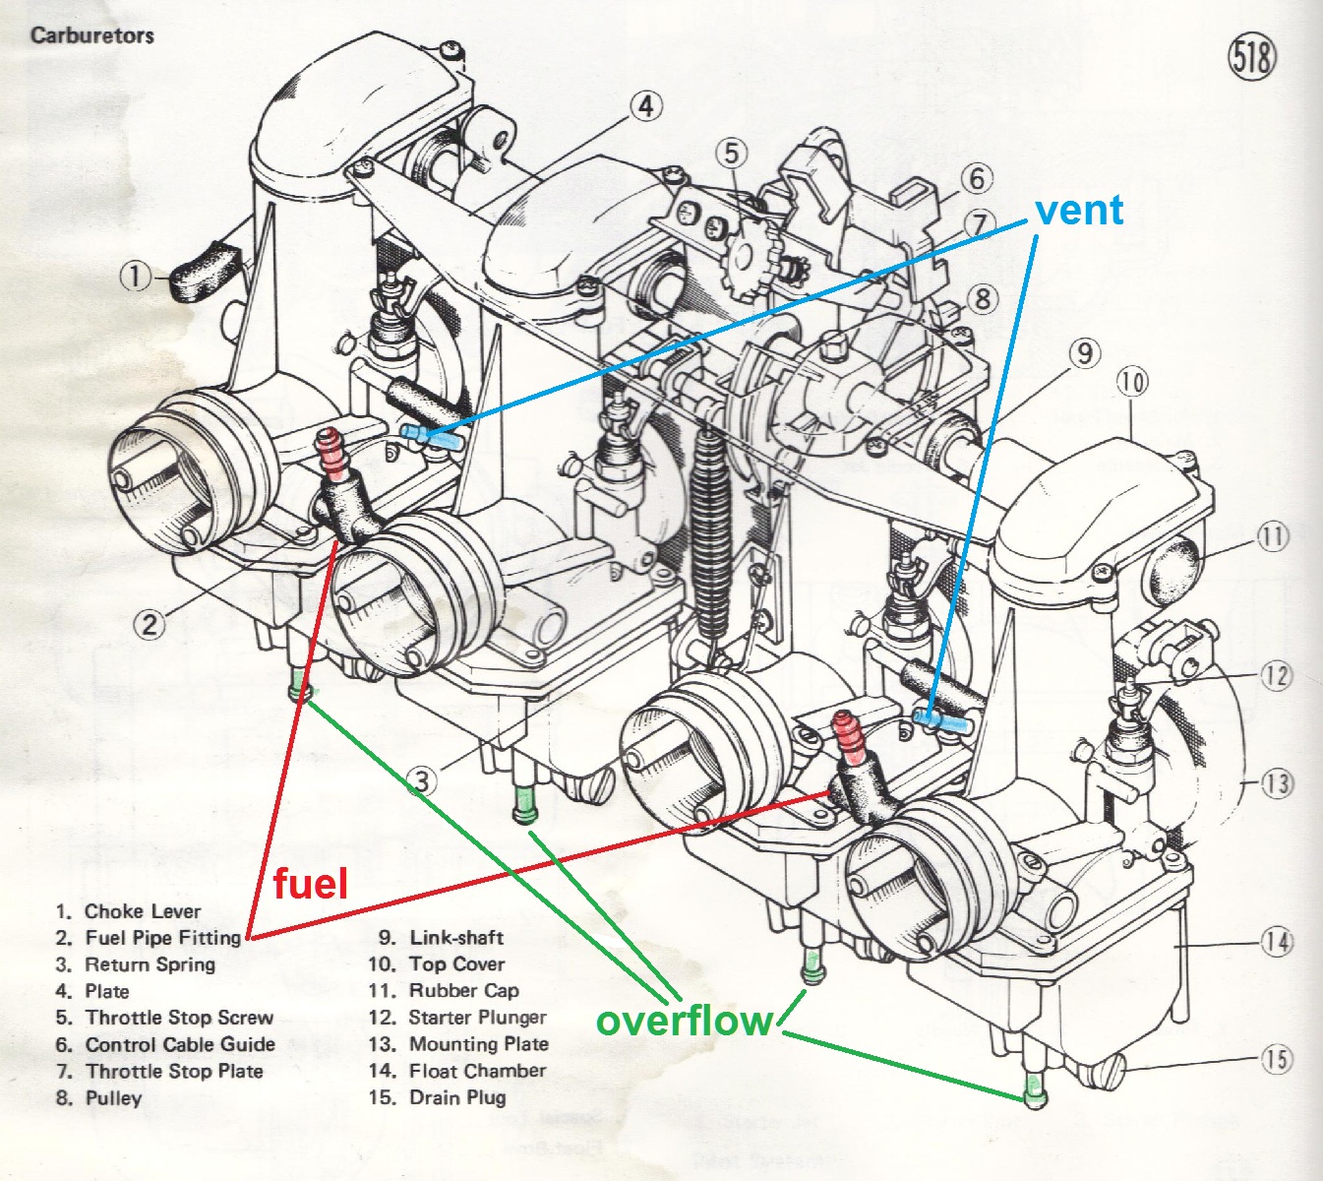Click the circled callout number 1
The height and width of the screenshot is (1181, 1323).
pyautogui.click(x=136, y=277)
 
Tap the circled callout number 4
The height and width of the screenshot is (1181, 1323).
pyautogui.click(x=645, y=105)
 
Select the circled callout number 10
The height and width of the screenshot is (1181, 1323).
pyautogui.click(x=1132, y=381)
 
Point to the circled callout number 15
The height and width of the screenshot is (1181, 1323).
pyautogui.click(x=1277, y=1059)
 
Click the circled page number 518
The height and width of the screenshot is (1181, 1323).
pyautogui.click(x=1251, y=57)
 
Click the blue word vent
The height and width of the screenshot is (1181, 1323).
pyautogui.click(x=1079, y=210)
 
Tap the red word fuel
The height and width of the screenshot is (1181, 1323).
pyautogui.click(x=310, y=883)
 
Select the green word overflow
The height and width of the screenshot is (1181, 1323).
pyautogui.click(x=685, y=1021)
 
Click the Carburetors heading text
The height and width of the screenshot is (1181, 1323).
pyautogui.click(x=91, y=35)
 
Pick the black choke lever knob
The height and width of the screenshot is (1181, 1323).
pyautogui.click(x=207, y=271)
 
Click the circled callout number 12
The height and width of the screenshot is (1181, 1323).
pyautogui.click(x=1276, y=676)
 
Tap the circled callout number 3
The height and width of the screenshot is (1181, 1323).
pyautogui.click(x=421, y=781)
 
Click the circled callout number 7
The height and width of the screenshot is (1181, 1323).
pyautogui.click(x=978, y=223)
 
